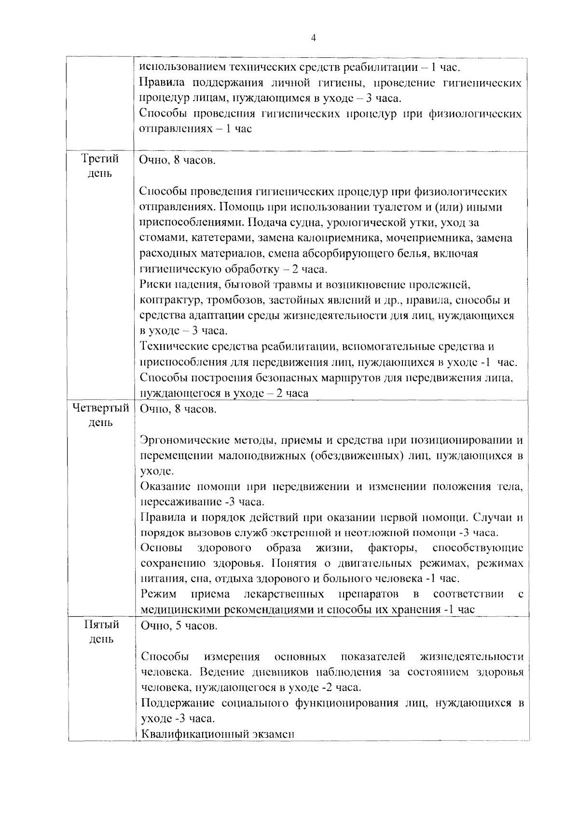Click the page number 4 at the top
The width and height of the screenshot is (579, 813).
click(x=314, y=38)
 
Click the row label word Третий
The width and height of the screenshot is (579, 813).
click(x=100, y=159)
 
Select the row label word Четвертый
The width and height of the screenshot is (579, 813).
click(x=100, y=409)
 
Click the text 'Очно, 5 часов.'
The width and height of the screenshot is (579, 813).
click(x=179, y=626)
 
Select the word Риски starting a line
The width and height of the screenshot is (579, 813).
click(x=153, y=284)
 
